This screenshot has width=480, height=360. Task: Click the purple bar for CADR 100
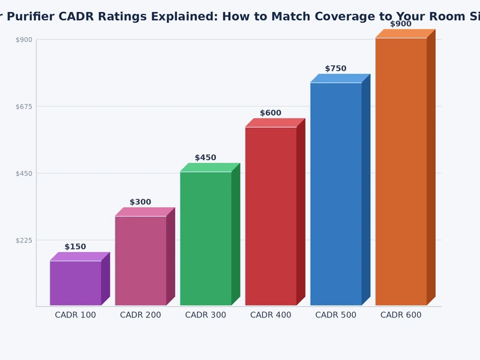point(76,283)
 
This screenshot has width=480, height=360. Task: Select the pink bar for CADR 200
point(140,260)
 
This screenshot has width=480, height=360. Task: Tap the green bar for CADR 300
point(206,238)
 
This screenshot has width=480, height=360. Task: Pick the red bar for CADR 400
point(271,216)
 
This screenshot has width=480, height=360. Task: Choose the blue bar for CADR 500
point(336,194)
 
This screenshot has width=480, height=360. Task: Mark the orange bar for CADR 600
point(401,172)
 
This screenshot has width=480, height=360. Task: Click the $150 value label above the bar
point(76,247)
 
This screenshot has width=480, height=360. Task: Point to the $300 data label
point(140,202)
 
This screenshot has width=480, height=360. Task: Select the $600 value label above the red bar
point(271,113)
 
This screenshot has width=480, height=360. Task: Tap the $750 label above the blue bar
point(336,69)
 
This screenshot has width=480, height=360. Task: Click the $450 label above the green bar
point(206,158)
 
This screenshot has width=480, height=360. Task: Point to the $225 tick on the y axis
point(23,240)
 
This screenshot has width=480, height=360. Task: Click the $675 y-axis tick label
point(23,106)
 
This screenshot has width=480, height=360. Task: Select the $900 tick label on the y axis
point(23,40)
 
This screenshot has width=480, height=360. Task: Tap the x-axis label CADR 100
point(76,315)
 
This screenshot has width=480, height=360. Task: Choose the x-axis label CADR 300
point(206,315)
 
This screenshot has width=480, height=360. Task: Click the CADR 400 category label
point(271,315)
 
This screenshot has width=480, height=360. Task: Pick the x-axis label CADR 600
point(401,315)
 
